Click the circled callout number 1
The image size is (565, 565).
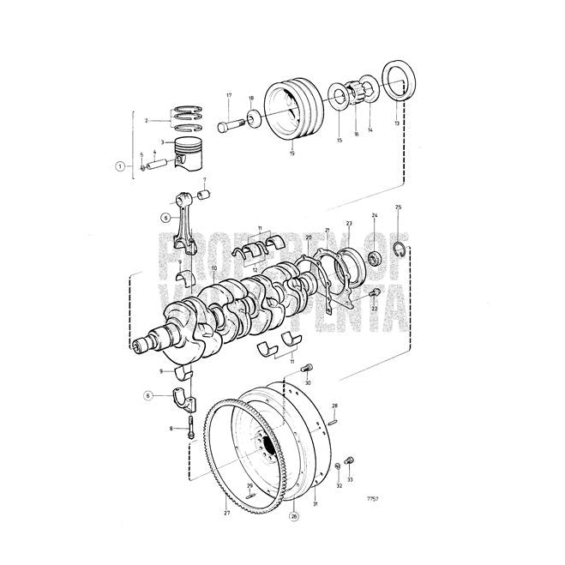(121, 166)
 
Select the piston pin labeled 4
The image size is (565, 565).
(159, 162)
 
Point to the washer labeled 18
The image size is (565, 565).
(255, 118)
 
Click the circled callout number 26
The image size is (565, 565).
(295, 516)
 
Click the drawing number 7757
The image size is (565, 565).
(372, 498)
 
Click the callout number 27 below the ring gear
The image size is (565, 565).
(226, 513)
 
